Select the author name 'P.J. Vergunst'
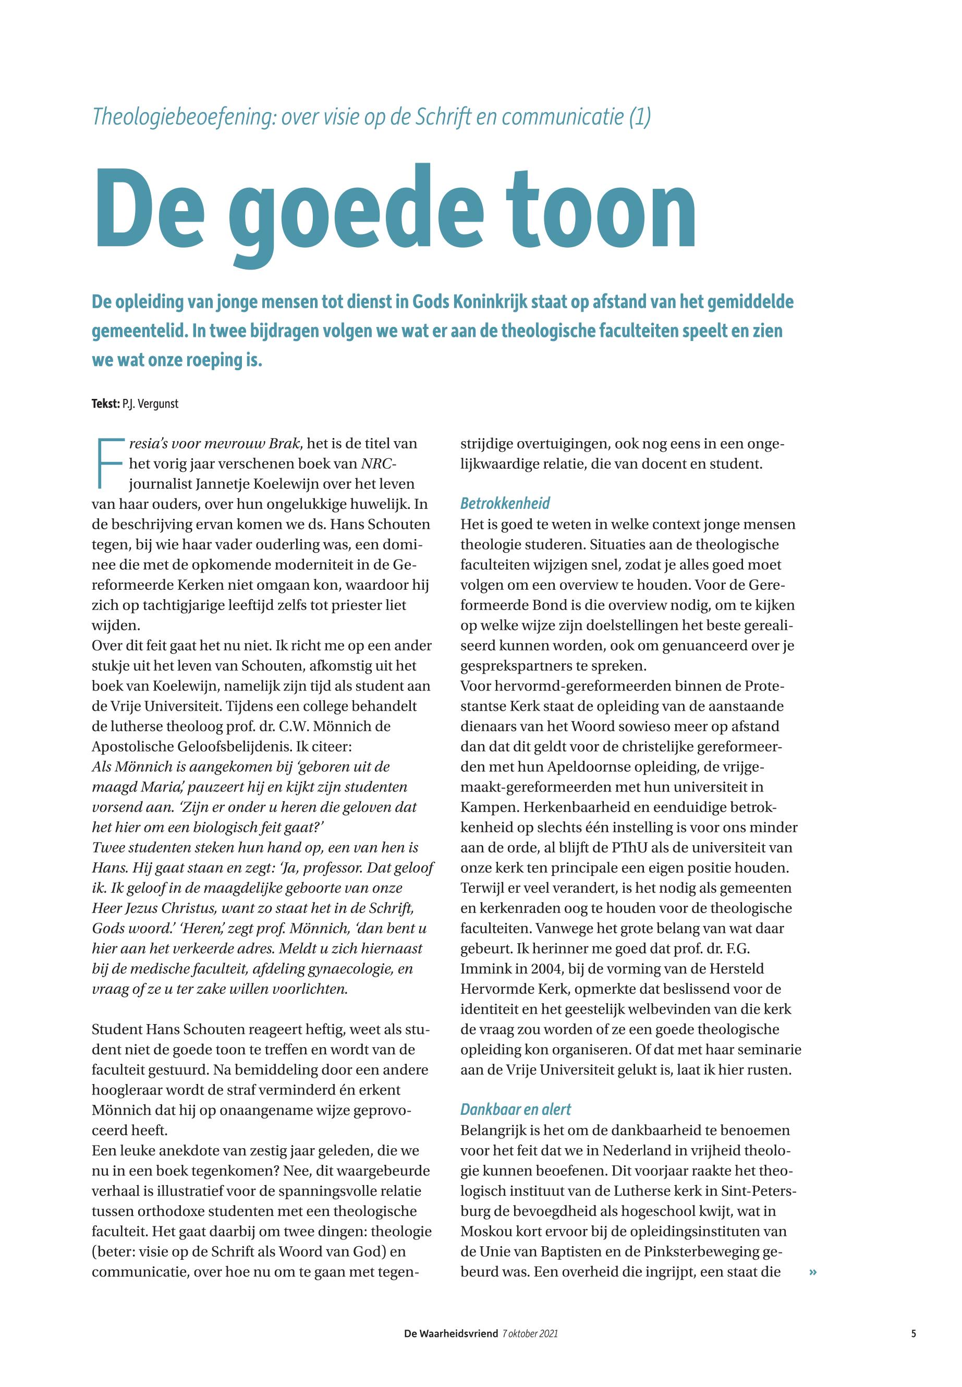150,404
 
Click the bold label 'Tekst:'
105,404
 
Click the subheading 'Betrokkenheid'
505,503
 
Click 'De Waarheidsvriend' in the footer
451,1334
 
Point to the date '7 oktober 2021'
530,1334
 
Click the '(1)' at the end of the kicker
639,117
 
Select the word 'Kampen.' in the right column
487,807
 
